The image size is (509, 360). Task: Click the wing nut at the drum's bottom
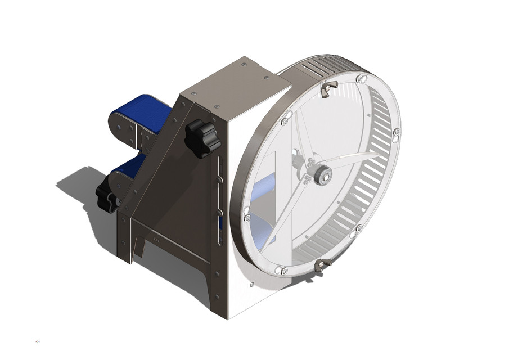(322, 264)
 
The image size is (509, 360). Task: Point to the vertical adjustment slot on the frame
(220, 202)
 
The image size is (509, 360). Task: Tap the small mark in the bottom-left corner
(38, 341)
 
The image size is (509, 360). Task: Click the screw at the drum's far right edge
(397, 132)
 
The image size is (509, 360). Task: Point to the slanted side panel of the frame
(169, 169)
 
